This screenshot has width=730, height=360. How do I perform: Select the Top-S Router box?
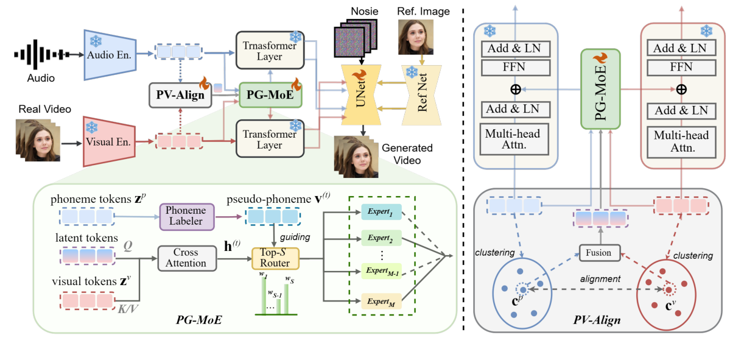click(275, 258)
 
